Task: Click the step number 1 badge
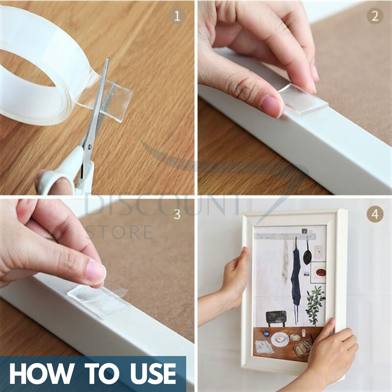(x=177, y=17)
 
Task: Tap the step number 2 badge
(x=375, y=16)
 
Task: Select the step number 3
(x=177, y=214)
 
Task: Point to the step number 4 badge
(x=375, y=214)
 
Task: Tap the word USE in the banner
(x=153, y=374)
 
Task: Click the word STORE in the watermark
(x=120, y=232)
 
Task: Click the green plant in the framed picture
(x=315, y=305)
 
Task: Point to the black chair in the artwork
(x=276, y=318)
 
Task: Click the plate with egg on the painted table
(x=280, y=340)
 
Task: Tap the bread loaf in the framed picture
(x=303, y=348)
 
